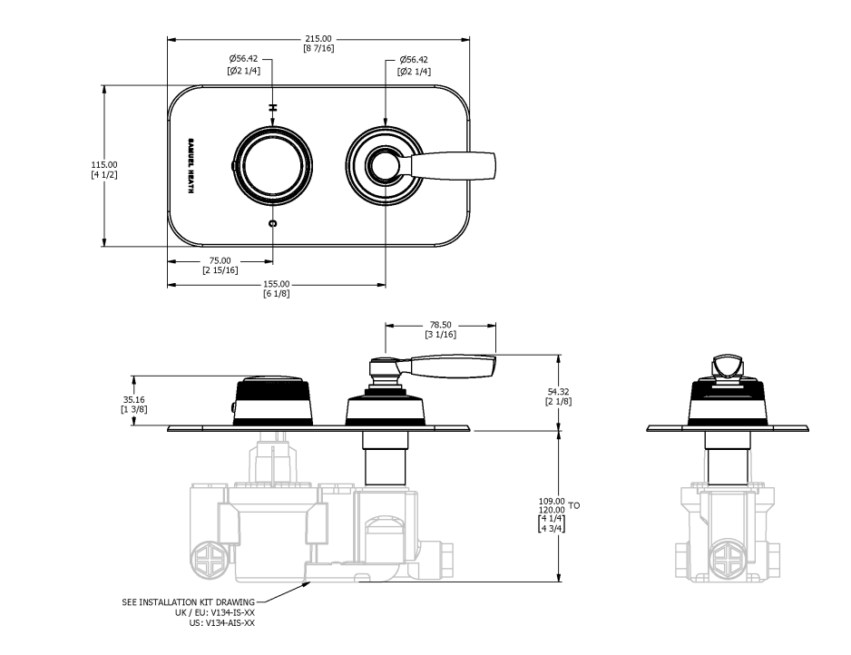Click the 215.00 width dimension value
pos(318,39)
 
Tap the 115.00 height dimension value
pos(104,164)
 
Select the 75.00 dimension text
pos(220,260)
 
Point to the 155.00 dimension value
pos(277,284)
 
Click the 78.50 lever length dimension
pos(441,325)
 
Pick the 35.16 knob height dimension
pos(134,400)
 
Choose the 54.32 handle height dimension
pos(559,391)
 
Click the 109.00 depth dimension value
pos(552,501)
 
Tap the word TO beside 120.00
pos(574,506)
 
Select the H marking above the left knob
pos(273,107)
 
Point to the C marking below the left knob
pos(273,222)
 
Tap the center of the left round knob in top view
pos(273,165)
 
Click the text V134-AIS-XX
pos(230,623)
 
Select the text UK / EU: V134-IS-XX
pos(214,612)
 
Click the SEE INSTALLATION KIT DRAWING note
pos(189,601)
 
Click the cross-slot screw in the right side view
pos(728,559)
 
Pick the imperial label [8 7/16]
pos(318,48)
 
